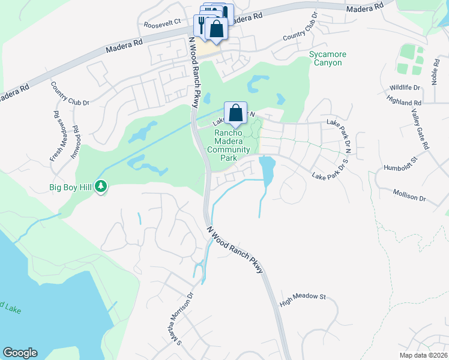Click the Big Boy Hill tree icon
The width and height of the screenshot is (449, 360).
click(x=101, y=188)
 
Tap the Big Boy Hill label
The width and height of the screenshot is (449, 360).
click(x=70, y=188)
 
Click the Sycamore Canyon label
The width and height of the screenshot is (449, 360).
click(x=328, y=58)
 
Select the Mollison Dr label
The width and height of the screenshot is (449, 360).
click(x=409, y=195)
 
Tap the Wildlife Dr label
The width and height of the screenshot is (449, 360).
click(x=405, y=88)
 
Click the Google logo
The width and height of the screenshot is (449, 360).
click(x=20, y=353)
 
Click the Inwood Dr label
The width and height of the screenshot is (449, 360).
click(x=75, y=140)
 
